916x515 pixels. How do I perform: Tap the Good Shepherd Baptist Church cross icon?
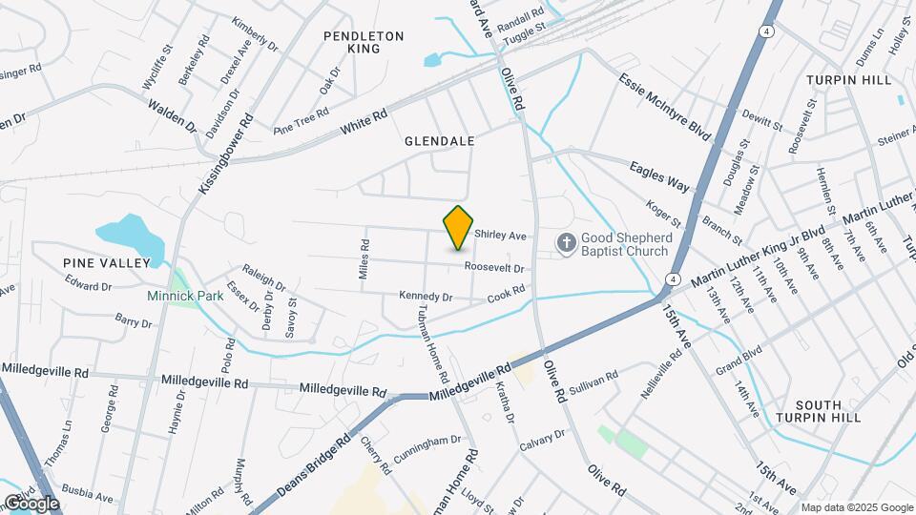pyautogui.click(x=566, y=243)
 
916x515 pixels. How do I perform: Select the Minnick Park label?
pyautogui.click(x=185, y=296)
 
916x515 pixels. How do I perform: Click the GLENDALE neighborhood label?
pyautogui.click(x=439, y=140)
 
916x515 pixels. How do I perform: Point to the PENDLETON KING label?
pyautogui.click(x=364, y=42)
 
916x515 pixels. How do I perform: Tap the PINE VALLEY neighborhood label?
pyautogui.click(x=107, y=262)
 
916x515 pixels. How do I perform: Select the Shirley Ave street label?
pyautogui.click(x=501, y=236)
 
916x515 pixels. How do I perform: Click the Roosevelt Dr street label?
pyautogui.click(x=496, y=268)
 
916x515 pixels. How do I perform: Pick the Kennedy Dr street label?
pyautogui.click(x=426, y=297)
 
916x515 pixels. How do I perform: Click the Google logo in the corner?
pyautogui.click(x=31, y=503)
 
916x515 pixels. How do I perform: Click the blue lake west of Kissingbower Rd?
pyautogui.click(x=129, y=232)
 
